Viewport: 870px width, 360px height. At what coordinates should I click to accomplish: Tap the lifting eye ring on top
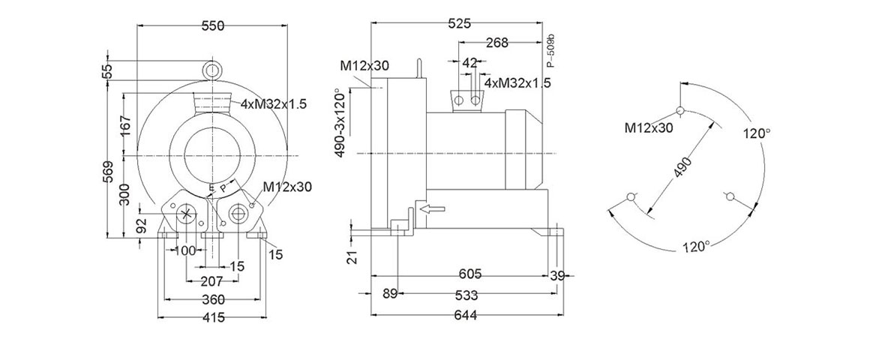point(213,70)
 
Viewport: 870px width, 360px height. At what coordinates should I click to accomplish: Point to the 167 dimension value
point(125,124)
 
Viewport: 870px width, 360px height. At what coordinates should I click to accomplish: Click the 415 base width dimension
point(214,318)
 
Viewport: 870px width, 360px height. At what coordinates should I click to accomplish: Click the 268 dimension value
point(496,43)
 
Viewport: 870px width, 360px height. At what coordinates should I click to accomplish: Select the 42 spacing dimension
point(470,63)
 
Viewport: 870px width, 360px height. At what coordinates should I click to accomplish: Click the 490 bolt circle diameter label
point(682,168)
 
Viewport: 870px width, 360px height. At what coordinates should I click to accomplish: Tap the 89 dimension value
point(389,293)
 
